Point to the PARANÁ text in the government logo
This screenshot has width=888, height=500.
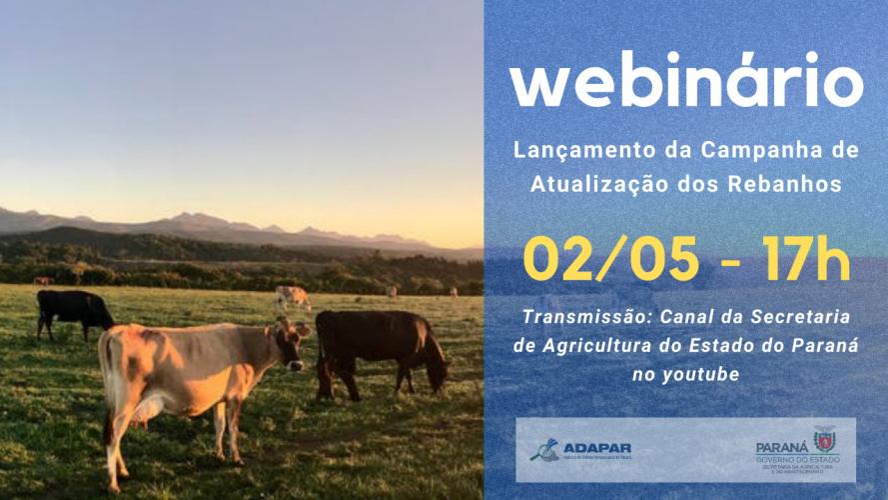pyautogui.click(x=781, y=439)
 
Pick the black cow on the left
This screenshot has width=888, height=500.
pyautogui.click(x=73, y=309)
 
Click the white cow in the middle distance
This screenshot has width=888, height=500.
pyautogui.click(x=293, y=295)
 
